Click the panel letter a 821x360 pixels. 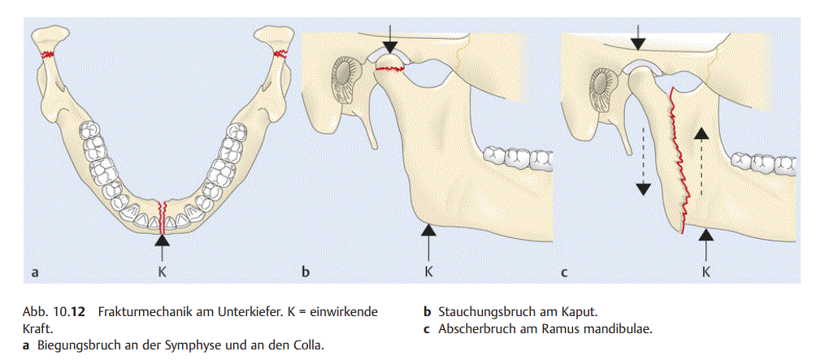[x=34, y=272]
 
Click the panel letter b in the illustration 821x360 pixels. [x=306, y=272]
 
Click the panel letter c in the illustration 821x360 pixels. [x=563, y=272]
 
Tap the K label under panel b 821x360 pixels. [x=428, y=271]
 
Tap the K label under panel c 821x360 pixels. [x=706, y=271]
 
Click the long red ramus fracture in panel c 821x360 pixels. [x=676, y=163]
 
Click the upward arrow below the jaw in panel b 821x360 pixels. [x=428, y=241]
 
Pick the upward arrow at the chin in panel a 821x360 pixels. [x=163, y=245]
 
